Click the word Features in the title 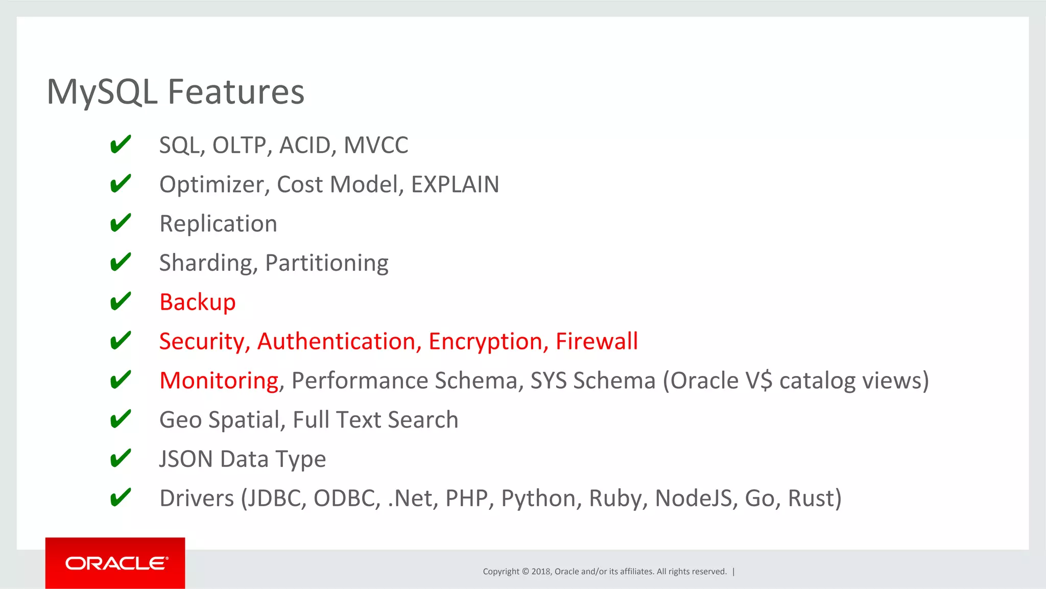click(236, 92)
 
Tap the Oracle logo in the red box click(116, 563)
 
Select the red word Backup click(197, 302)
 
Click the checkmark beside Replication click(121, 223)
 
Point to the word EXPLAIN click(455, 184)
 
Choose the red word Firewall click(597, 341)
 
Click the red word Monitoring click(219, 381)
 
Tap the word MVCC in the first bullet click(376, 145)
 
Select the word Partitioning click(327, 263)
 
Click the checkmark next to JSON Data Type click(121, 458)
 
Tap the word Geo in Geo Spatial click(181, 420)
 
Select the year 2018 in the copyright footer click(540, 571)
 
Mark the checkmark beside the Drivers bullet click(121, 498)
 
